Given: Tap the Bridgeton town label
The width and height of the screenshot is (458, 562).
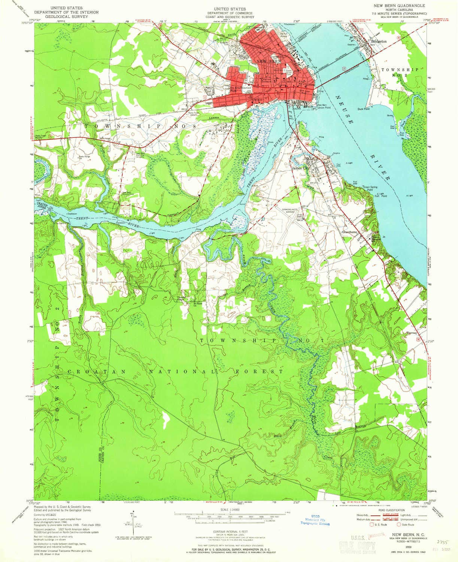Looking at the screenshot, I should [x=378, y=41].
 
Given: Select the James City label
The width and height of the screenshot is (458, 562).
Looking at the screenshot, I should [x=300, y=169].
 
